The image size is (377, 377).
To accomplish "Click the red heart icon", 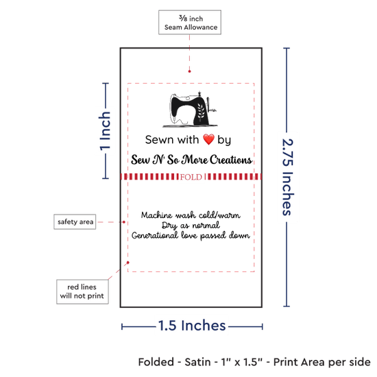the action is [208, 139].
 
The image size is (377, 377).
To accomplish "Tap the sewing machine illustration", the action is [190, 110].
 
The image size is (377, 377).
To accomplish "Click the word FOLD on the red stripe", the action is [191, 177].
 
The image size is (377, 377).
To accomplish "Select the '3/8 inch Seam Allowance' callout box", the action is [190, 23].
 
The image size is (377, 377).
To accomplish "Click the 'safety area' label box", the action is [75, 221].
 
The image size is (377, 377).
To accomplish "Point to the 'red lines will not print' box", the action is [82, 291].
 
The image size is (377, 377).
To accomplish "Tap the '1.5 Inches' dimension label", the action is [192, 326].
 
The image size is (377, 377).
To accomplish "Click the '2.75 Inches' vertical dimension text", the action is [288, 177].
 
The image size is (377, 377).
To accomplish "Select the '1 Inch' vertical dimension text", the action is [105, 131].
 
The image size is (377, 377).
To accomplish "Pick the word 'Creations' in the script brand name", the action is [230, 160].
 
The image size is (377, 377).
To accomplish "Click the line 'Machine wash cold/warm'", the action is [191, 215].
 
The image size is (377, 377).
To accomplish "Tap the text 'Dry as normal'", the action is [191, 226].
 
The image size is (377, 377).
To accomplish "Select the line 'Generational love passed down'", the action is [191, 235].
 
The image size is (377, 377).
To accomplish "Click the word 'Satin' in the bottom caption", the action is [197, 362].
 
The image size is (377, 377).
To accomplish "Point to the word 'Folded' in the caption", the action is [156, 362].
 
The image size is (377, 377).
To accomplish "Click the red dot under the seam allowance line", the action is [189, 71].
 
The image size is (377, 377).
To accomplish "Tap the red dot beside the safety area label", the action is [124, 222].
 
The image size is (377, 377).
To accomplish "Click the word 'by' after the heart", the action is [224, 140].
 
